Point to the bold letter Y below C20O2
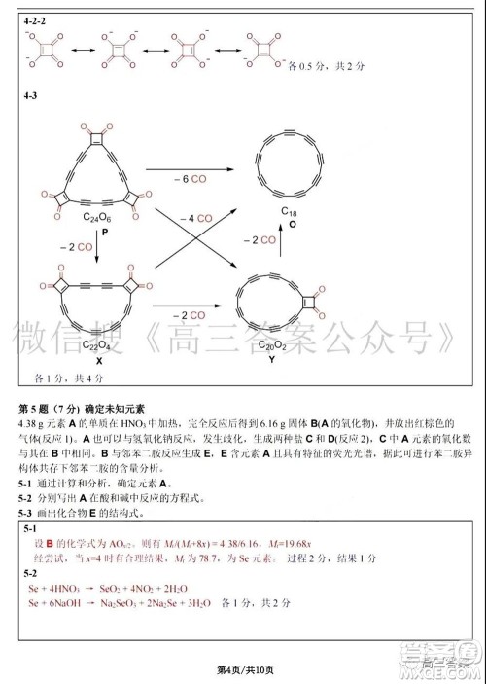(271, 359)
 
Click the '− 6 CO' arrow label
(190, 180)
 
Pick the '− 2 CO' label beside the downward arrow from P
(75, 247)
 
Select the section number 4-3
(31, 97)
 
